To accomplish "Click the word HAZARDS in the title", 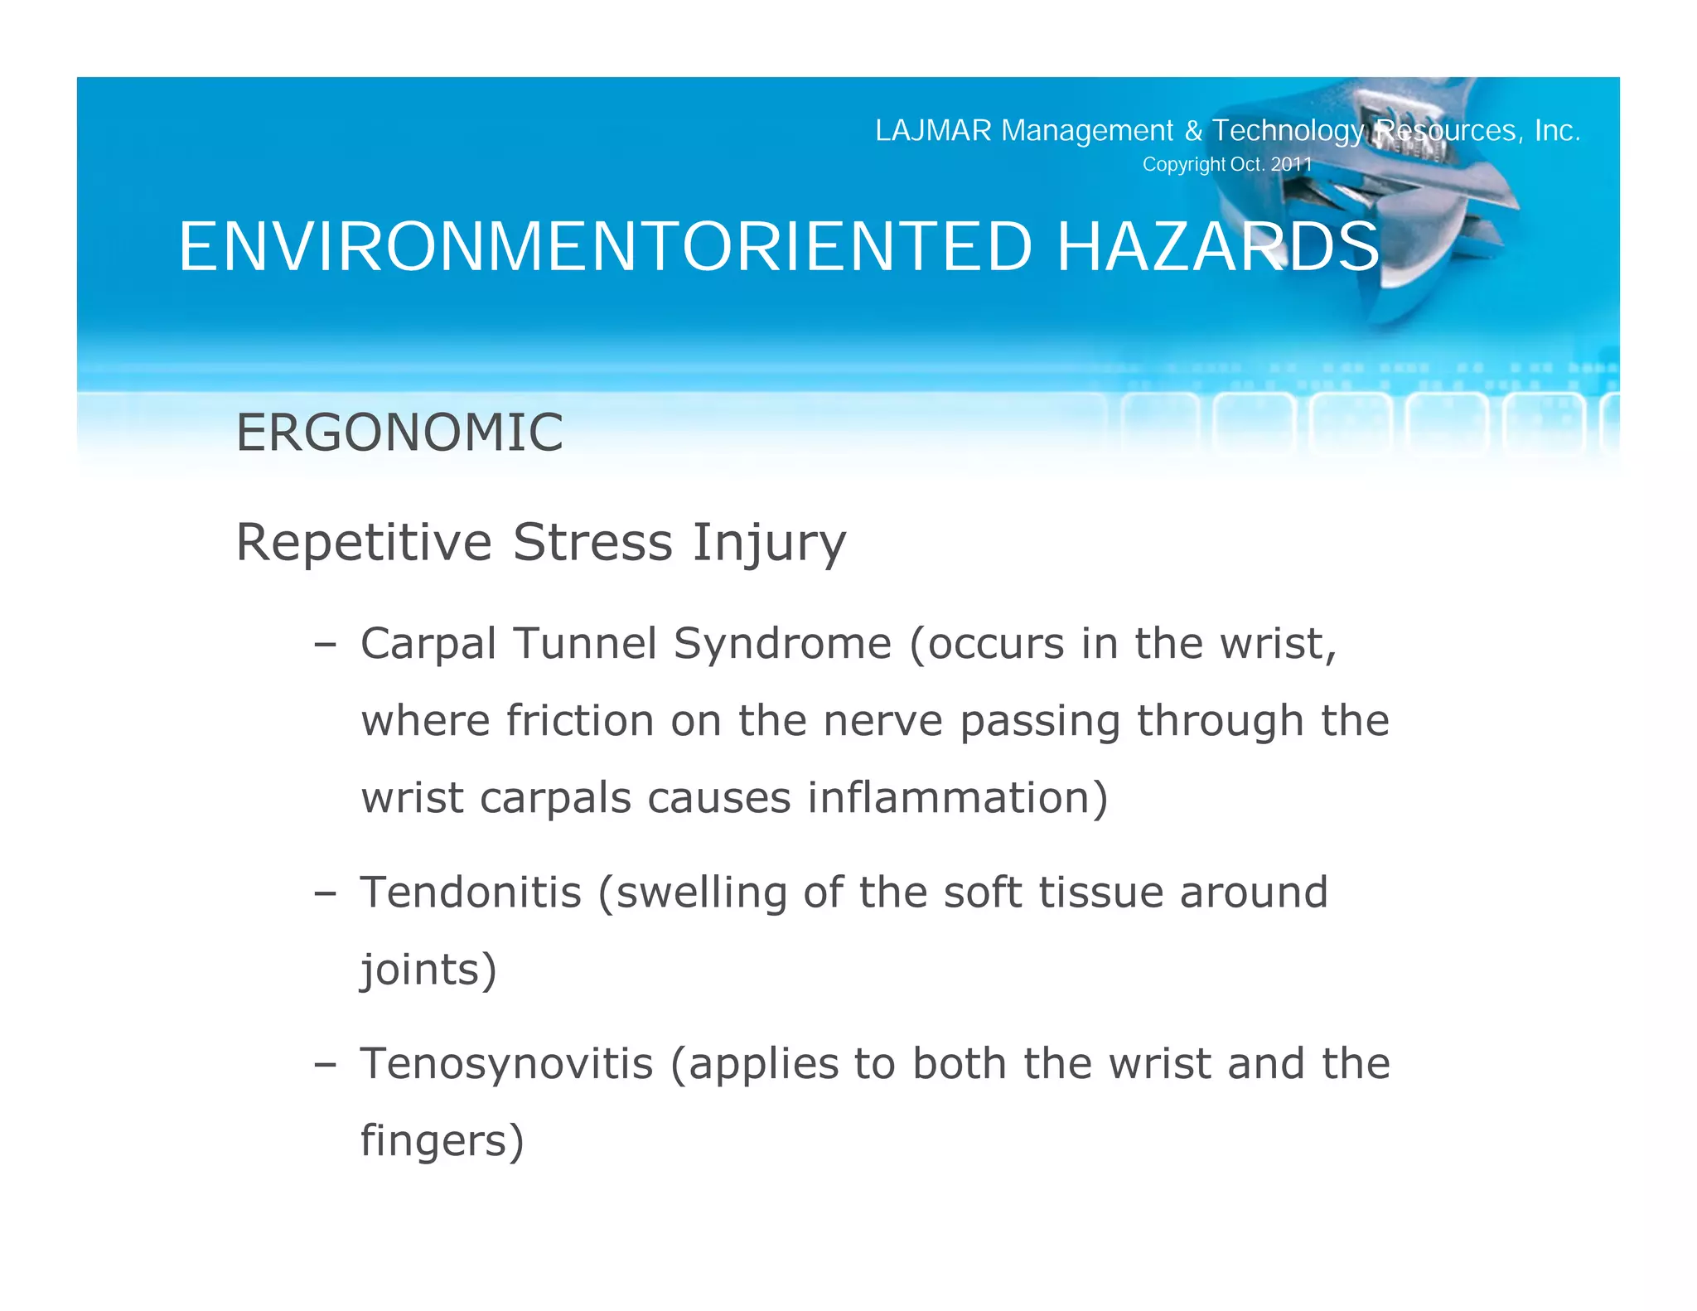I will point(1218,247).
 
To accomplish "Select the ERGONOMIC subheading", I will point(399,433).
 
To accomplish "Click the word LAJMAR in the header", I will point(933,131).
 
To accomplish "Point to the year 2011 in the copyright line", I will point(1292,164).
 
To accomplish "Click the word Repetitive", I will point(364,543).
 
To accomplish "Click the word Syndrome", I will point(782,645).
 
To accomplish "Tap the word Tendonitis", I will point(471,893).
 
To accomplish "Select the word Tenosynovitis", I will point(506,1063).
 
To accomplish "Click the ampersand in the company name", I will point(1193,131).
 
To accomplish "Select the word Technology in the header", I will point(1288,131).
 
